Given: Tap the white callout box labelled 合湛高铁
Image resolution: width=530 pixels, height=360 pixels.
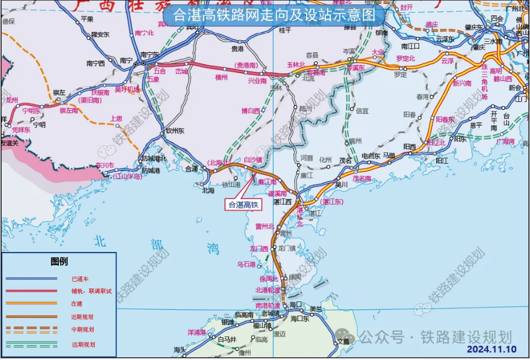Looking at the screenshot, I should tap(243, 204).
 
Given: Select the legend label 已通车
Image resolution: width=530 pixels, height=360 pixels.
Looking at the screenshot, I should tap(80, 280).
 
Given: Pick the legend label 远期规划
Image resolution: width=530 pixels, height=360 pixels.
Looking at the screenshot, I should tap(83, 345).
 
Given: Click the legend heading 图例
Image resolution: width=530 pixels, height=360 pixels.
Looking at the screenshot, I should tap(59, 261).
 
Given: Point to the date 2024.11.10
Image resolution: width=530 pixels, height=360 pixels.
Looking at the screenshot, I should tap(491, 349).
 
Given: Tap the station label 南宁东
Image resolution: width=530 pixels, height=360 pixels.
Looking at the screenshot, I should tap(149, 55).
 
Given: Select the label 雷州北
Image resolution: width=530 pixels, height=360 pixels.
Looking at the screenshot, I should tap(265, 226).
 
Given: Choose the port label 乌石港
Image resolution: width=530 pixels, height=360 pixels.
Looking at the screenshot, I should tap(247, 265).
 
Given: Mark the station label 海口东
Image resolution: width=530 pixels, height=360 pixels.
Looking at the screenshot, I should tap(301, 319).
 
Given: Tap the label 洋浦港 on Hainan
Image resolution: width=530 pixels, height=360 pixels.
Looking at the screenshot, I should tap(197, 332).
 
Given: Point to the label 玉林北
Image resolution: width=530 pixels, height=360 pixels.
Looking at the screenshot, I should tap(296, 65).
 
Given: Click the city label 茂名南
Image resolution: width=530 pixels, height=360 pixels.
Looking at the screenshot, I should tap(362, 179).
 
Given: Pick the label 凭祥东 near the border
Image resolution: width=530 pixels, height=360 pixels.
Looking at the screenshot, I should tap(21, 130).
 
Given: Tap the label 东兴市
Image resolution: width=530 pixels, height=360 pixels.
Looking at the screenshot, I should tap(104, 165).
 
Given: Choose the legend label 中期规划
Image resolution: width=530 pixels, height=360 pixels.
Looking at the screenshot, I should tap(83, 330).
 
